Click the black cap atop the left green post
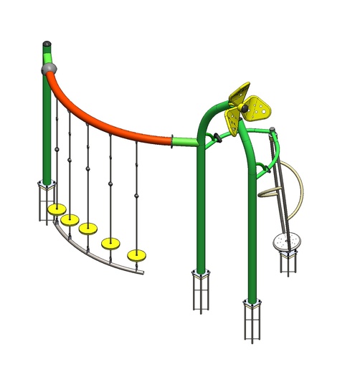click(x=47, y=44)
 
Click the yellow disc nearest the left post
click(x=57, y=209)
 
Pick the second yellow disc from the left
click(x=70, y=219)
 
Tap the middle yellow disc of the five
click(x=88, y=229)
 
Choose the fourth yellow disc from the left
click(x=110, y=242)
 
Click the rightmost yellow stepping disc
click(x=136, y=254)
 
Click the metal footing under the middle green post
click(x=201, y=290)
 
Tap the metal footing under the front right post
click(x=252, y=318)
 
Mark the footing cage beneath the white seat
click(x=290, y=262)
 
